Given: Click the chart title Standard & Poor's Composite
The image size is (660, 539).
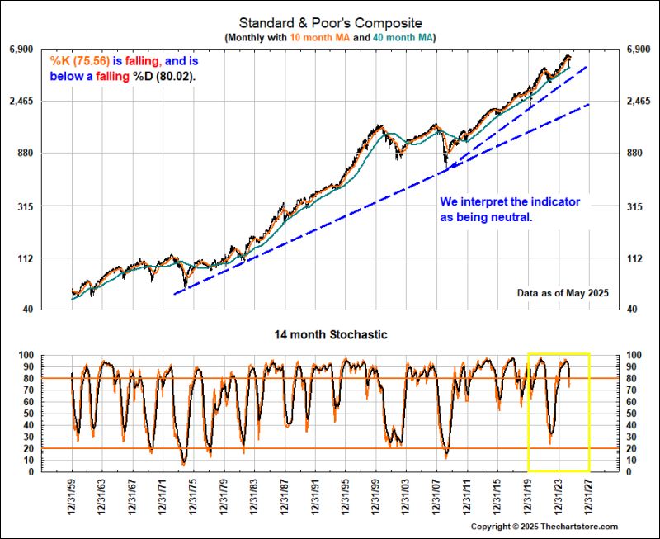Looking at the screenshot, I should (x=329, y=22).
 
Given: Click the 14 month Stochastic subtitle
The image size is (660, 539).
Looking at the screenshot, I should (x=330, y=334).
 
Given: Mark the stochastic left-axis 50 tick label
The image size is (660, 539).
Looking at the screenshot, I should (x=50, y=414).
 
